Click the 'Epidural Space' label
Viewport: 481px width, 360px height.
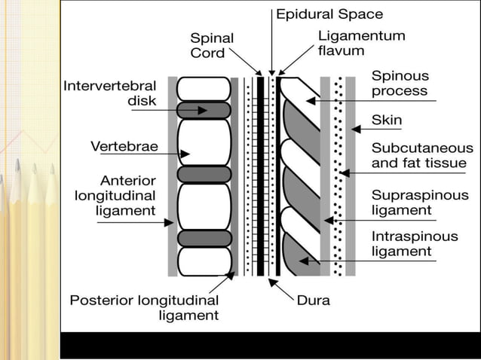click(x=329, y=14)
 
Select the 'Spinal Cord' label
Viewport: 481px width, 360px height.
click(x=212, y=45)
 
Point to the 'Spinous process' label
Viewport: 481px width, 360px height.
click(x=400, y=84)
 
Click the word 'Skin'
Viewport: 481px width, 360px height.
click(x=387, y=120)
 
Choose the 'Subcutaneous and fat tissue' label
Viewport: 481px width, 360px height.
click(x=422, y=156)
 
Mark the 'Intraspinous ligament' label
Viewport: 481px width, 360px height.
click(x=414, y=243)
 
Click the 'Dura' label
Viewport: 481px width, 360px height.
click(x=313, y=300)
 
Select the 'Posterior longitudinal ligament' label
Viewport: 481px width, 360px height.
click(x=144, y=307)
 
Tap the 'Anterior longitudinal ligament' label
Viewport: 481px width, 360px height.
click(x=115, y=196)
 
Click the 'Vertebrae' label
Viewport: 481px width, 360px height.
click(x=124, y=147)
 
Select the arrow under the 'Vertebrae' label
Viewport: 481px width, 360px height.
click(x=172, y=154)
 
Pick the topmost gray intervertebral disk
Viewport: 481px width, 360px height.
click(x=204, y=110)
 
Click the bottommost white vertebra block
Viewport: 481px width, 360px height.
click(x=204, y=261)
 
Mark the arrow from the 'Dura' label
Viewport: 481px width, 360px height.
click(x=281, y=289)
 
